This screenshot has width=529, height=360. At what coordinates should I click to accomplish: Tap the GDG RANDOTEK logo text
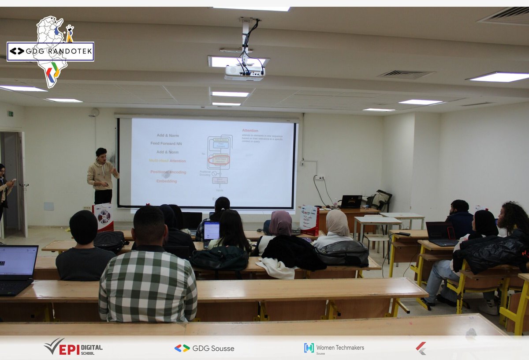50,52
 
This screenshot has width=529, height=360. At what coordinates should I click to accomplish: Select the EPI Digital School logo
73,348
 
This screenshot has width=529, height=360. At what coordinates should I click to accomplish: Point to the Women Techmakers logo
334,348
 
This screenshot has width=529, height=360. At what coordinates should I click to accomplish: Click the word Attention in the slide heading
250,131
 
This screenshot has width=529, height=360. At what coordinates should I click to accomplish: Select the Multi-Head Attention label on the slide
168,161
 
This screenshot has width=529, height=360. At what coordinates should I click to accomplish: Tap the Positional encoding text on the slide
168,172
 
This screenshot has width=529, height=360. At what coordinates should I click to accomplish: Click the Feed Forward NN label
166,143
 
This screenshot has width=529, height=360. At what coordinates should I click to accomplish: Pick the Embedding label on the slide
167,181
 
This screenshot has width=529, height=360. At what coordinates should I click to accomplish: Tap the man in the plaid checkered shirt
148,274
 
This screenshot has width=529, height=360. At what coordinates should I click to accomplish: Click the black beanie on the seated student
83,226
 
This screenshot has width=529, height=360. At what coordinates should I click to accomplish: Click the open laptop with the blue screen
211,231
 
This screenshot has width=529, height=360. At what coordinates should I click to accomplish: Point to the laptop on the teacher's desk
351,202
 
